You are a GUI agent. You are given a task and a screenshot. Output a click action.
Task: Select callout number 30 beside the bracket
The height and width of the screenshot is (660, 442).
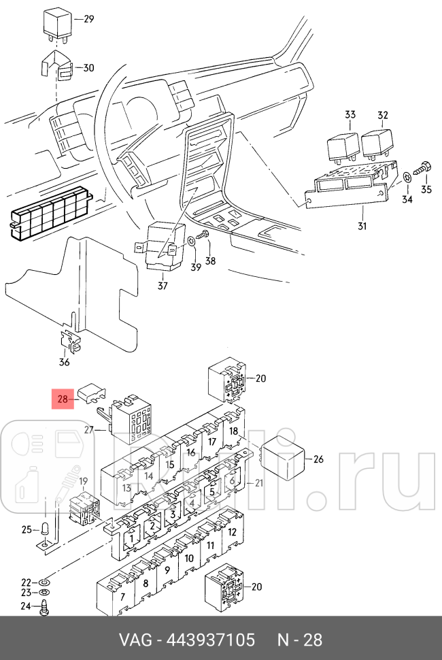pos(88,67)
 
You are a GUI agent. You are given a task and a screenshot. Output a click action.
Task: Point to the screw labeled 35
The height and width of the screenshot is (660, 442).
pos(424,167)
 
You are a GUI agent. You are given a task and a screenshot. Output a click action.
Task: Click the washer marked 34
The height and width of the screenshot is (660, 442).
pos(407,177)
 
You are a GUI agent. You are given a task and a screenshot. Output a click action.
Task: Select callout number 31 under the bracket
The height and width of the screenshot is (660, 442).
pos(361,226)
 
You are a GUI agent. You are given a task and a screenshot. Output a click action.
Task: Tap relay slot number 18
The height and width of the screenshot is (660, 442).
pos(233,431)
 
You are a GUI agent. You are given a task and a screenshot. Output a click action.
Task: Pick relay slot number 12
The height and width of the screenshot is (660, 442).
pos(232,533)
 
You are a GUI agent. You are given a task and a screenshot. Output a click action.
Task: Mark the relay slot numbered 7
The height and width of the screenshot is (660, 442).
pos(122,597)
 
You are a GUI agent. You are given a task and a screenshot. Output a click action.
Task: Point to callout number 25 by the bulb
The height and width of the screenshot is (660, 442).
pos(27,529)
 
